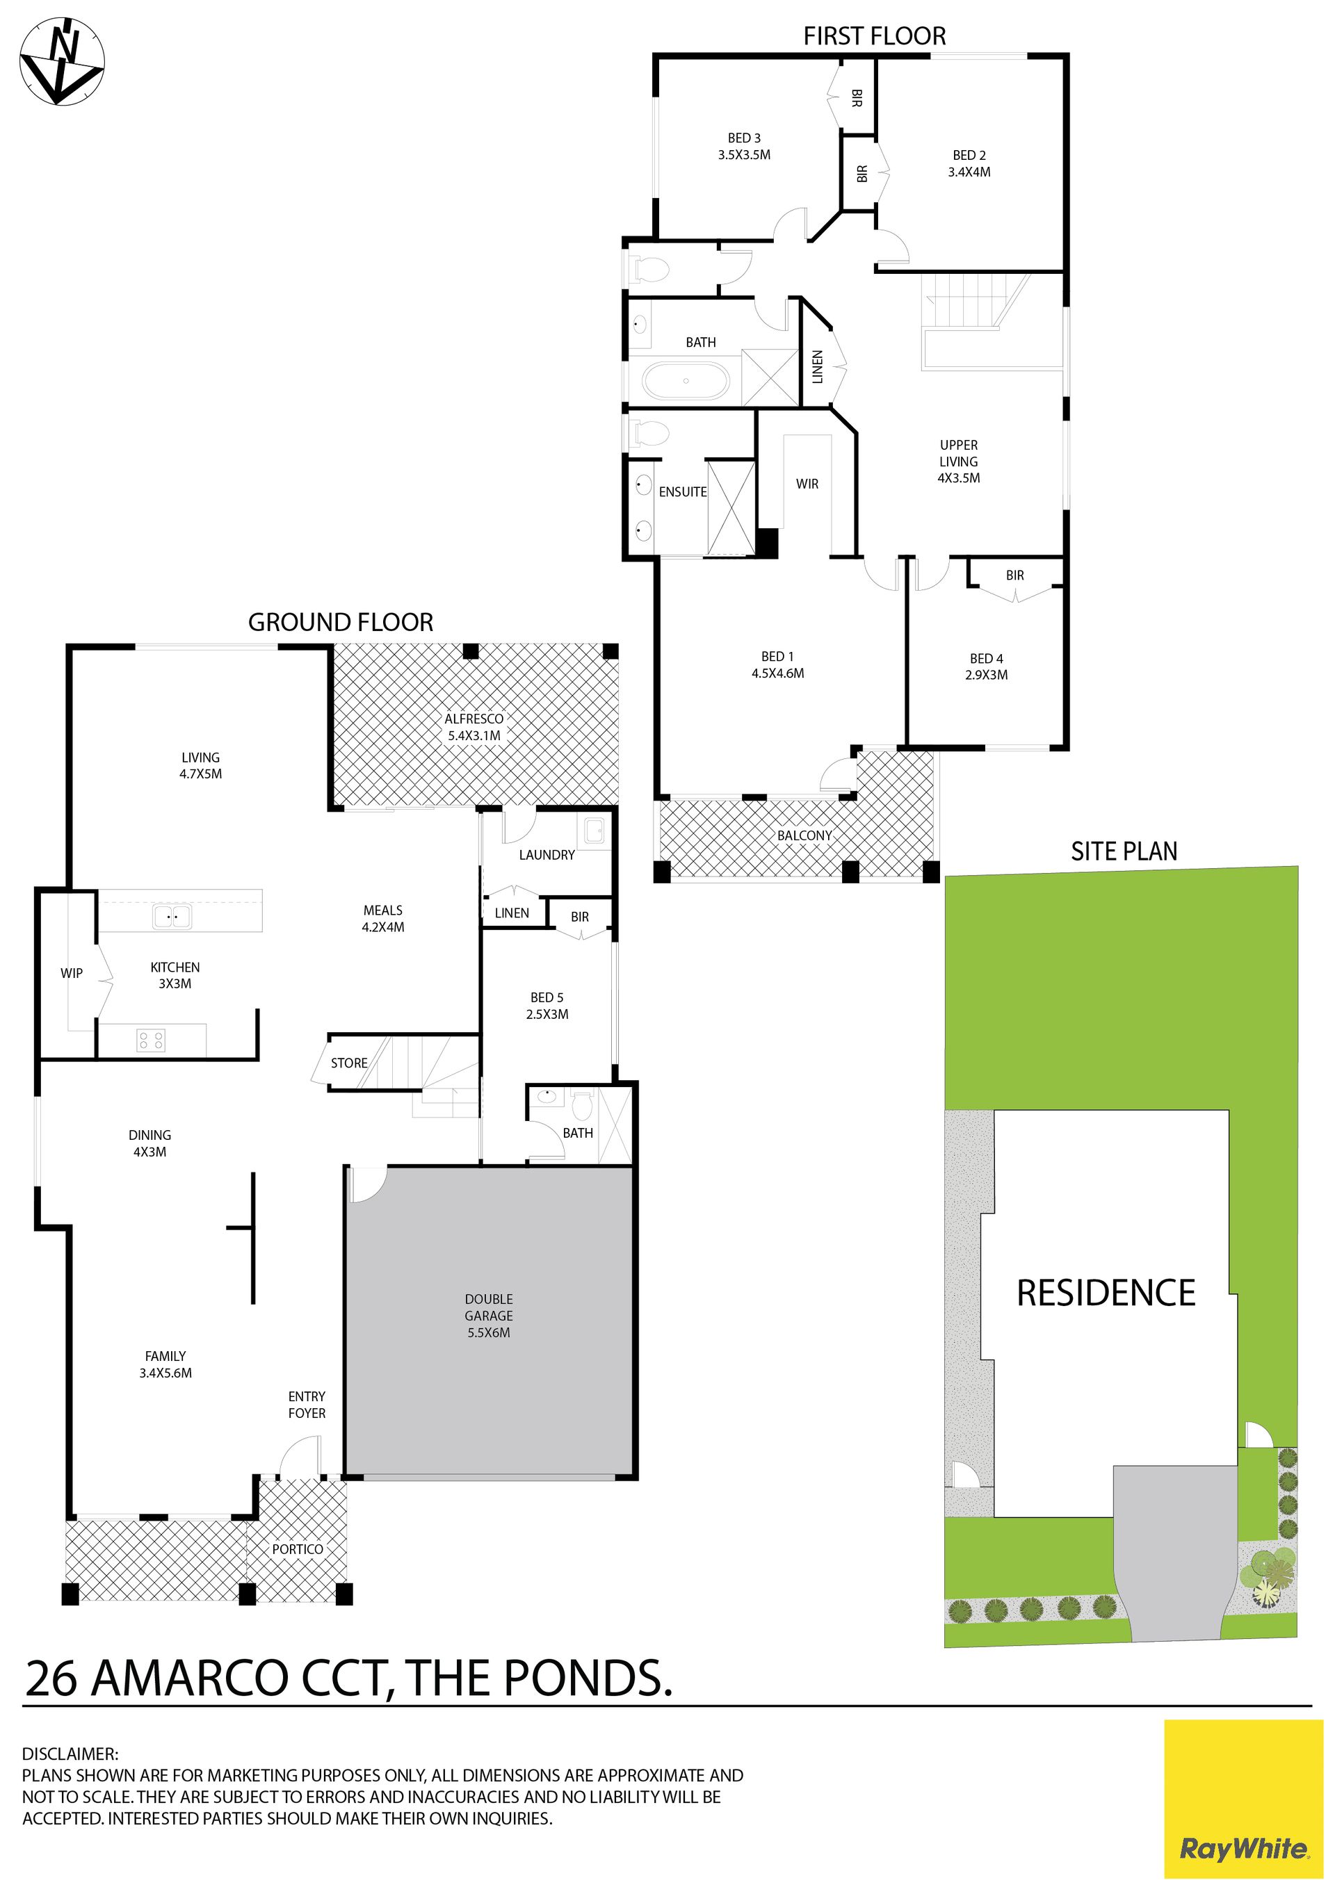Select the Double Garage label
[x=488, y=1316]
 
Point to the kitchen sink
[x=172, y=916]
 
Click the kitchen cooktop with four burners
[x=152, y=1040]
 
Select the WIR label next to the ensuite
[x=807, y=484]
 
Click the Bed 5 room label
[x=547, y=1006]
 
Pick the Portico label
[x=298, y=1549]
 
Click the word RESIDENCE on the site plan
[x=1106, y=1293]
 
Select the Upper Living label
[x=959, y=461]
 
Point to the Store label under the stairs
[x=349, y=1063]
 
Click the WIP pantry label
[x=72, y=973]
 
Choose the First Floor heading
[x=875, y=36]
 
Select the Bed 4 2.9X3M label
[x=987, y=667]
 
